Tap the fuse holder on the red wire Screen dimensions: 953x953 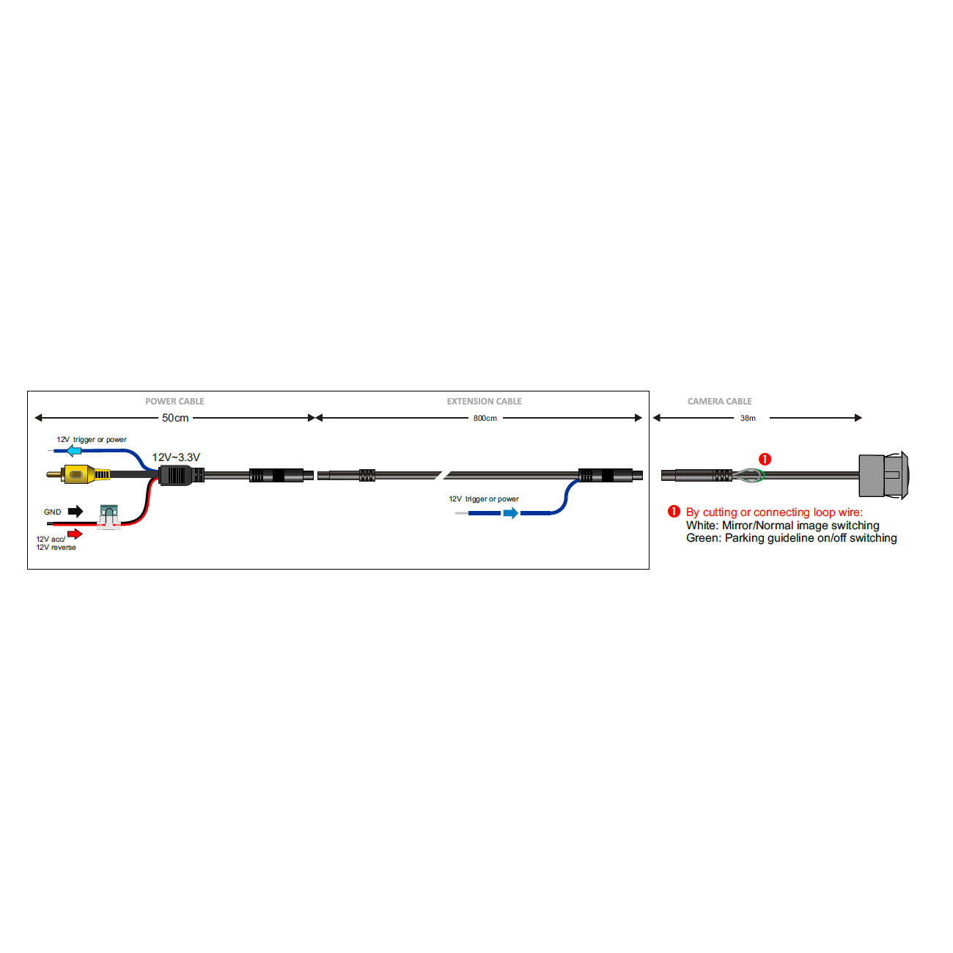(108, 517)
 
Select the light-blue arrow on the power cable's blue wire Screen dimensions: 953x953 (72, 450)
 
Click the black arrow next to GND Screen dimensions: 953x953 (76, 512)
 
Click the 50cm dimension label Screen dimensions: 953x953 (175, 418)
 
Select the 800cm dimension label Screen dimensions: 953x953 (485, 418)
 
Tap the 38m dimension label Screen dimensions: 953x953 (748, 418)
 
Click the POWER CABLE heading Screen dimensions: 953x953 (174, 401)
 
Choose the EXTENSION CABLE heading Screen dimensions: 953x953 (485, 401)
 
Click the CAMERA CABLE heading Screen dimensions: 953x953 (719, 401)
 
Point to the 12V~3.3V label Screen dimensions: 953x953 (176, 457)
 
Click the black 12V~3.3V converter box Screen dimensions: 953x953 (175, 475)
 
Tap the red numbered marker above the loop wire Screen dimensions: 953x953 (765, 459)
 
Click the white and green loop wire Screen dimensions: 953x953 (748, 476)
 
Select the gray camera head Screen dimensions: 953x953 (883, 476)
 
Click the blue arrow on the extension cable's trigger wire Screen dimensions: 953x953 (511, 513)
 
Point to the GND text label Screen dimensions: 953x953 (53, 512)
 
